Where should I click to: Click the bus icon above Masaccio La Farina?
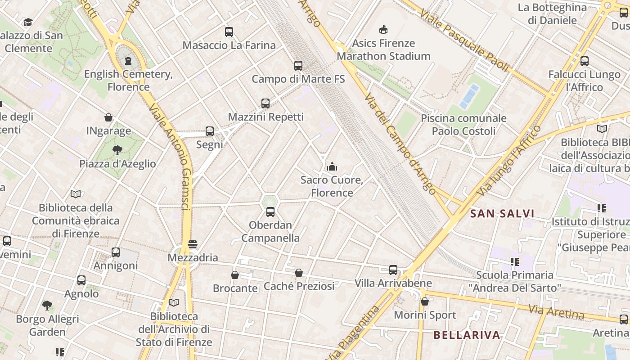[x=229, y=32]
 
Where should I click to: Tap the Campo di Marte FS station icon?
[x=298, y=66]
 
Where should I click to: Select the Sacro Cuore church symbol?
[x=332, y=166]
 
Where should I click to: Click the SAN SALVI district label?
[x=502, y=214]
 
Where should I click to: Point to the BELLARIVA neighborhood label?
[x=467, y=335]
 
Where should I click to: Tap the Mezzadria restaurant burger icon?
[x=193, y=244]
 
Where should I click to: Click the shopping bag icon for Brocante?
[x=235, y=275]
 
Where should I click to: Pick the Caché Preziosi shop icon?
[x=299, y=273]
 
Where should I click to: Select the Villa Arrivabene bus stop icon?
[x=393, y=270]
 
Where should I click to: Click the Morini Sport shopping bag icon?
[x=425, y=301]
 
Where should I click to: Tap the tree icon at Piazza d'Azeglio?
[x=117, y=150]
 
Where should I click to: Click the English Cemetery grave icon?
[x=128, y=60]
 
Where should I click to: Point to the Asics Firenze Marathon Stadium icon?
[x=383, y=30]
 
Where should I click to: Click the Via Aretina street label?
[x=556, y=312]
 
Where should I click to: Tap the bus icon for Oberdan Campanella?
[x=270, y=211]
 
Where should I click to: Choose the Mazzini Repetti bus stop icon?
[x=265, y=103]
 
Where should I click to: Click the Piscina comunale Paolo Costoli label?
[x=463, y=125]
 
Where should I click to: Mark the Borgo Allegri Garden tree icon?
[x=47, y=306]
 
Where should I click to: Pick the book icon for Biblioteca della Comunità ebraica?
[x=76, y=194]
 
